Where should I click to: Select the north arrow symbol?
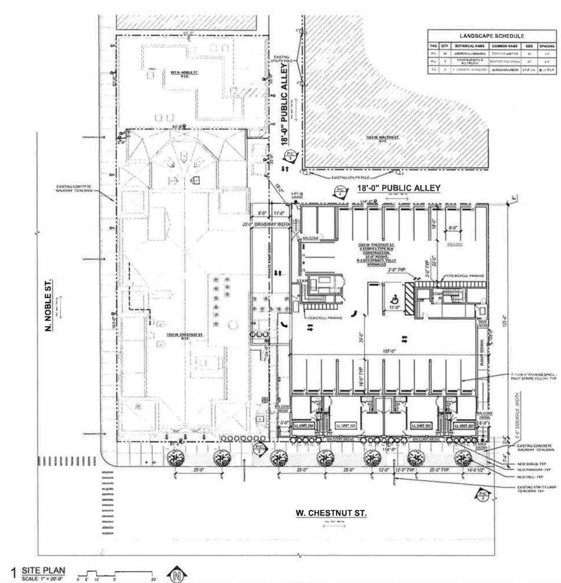pyautogui.click(x=176, y=572)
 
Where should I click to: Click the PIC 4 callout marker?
pyautogui.click(x=340, y=190)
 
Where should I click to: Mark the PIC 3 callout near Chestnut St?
pyautogui.click(x=484, y=495)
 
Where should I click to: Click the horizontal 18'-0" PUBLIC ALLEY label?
pyautogui.click(x=399, y=188)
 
